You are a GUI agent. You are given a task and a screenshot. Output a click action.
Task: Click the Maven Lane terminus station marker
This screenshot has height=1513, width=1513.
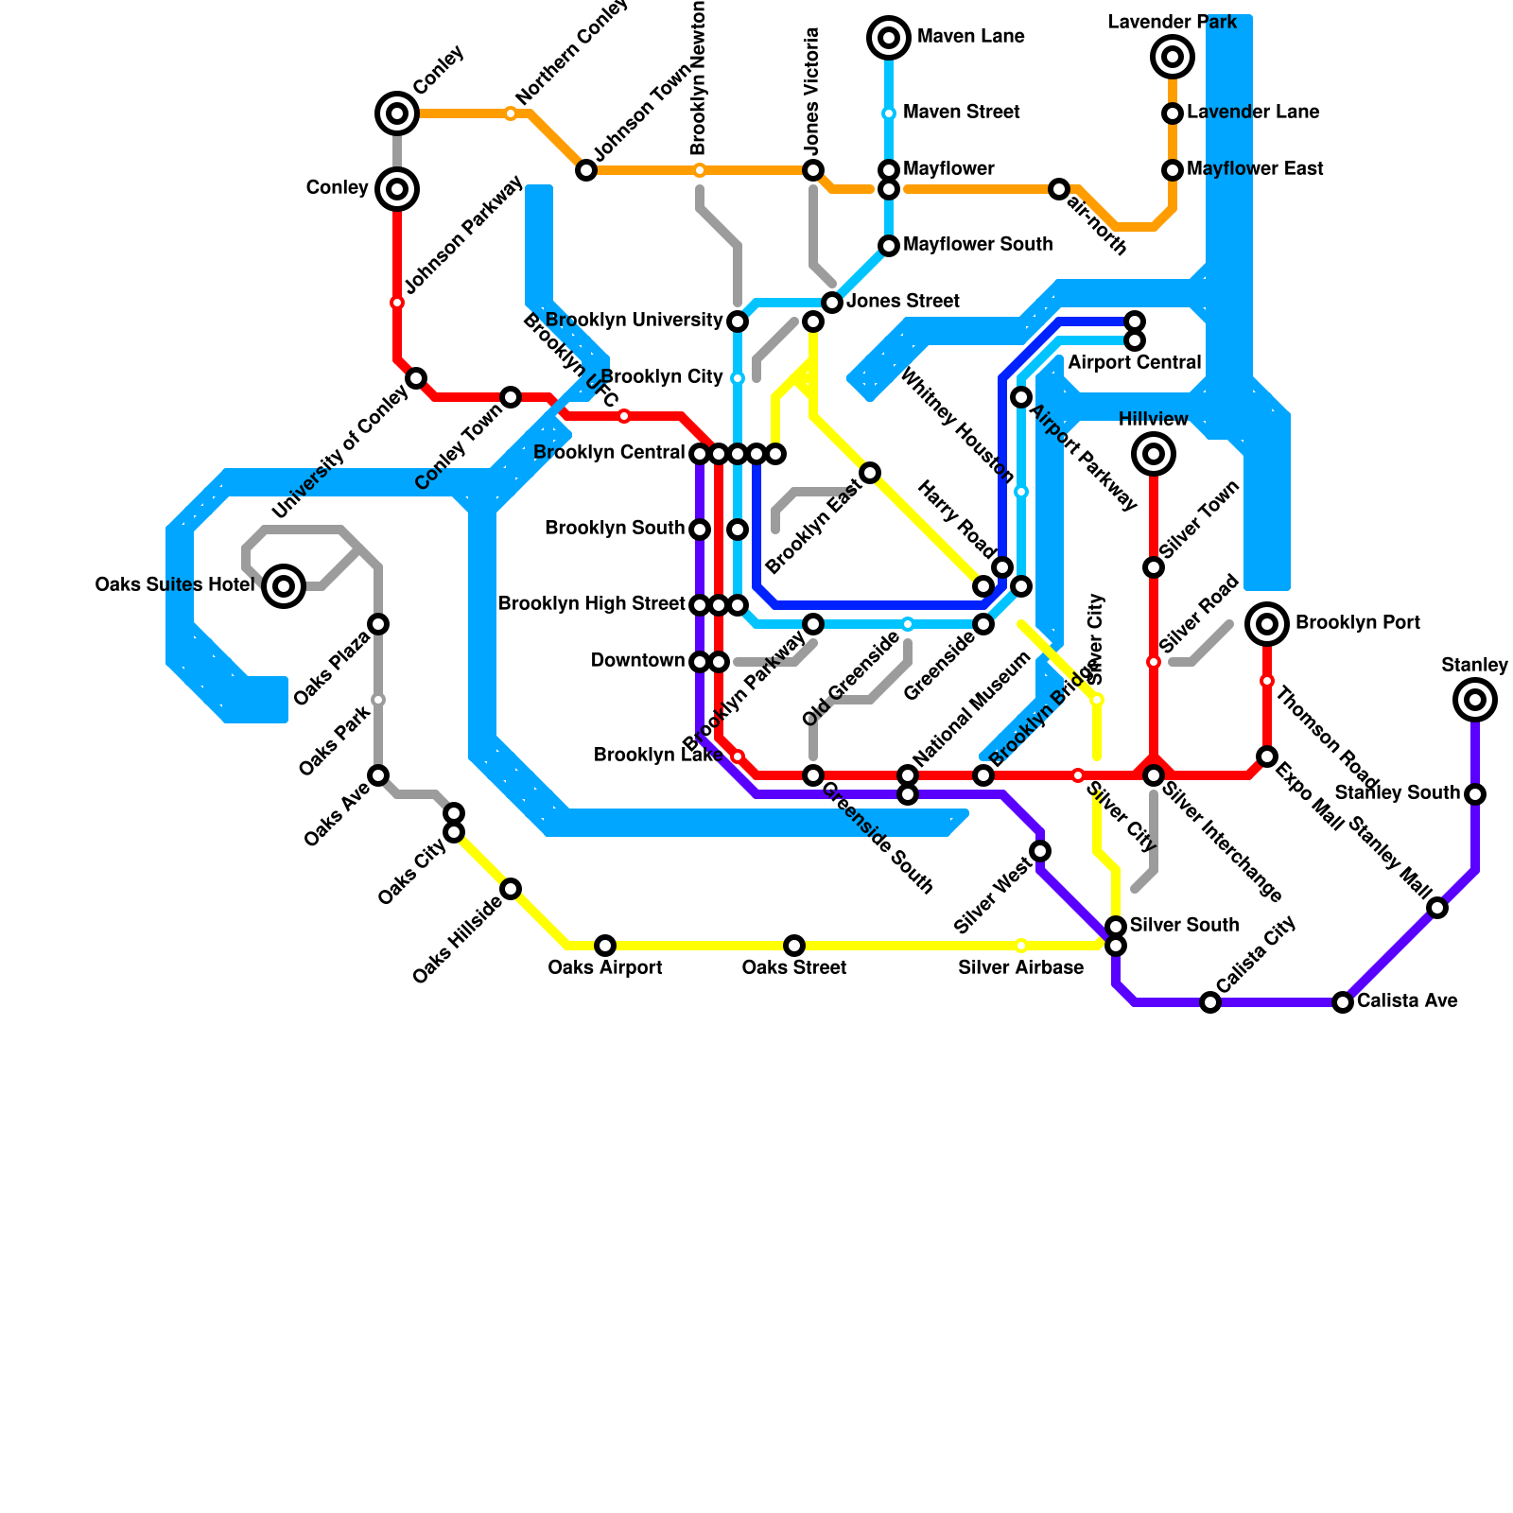pyautogui.click(x=889, y=38)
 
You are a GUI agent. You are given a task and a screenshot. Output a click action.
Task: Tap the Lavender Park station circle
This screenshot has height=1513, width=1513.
pyautogui.click(x=1173, y=57)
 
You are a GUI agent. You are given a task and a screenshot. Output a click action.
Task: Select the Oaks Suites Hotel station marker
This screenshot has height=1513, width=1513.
pyautogui.click(x=284, y=586)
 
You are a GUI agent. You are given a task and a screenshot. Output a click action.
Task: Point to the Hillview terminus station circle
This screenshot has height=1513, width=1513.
pyautogui.click(x=1154, y=454)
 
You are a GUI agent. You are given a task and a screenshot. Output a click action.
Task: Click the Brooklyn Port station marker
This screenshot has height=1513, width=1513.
pyautogui.click(x=1267, y=624)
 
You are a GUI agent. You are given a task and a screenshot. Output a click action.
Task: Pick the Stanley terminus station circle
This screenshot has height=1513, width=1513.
pyautogui.click(x=1475, y=700)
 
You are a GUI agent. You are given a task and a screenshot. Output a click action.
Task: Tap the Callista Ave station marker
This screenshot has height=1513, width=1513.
pyautogui.click(x=1343, y=1002)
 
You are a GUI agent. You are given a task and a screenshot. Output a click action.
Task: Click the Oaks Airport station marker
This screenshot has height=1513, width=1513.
pyautogui.click(x=605, y=946)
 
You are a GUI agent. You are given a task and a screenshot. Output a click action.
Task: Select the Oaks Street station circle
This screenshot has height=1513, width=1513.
pyautogui.click(x=794, y=946)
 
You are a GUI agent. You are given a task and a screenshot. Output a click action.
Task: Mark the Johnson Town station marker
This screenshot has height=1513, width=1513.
pyautogui.click(x=586, y=170)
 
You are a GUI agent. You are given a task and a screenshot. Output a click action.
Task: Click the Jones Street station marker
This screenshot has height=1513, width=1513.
pyautogui.click(x=832, y=303)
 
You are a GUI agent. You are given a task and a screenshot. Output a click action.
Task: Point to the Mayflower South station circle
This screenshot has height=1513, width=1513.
pyautogui.click(x=889, y=246)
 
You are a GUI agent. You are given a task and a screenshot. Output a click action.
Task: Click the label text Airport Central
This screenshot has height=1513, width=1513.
pyautogui.click(x=1134, y=363)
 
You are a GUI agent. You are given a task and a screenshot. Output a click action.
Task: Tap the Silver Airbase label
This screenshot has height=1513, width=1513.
pyautogui.click(x=1020, y=967)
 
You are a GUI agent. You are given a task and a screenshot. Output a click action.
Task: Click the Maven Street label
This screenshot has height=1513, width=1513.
pyautogui.click(x=961, y=113)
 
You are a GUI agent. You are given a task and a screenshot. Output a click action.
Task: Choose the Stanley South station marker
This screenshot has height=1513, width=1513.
pyautogui.click(x=1475, y=794)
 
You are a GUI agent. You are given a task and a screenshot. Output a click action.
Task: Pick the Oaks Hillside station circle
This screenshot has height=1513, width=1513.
pyautogui.click(x=511, y=889)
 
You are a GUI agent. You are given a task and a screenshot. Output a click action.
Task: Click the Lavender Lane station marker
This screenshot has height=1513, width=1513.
pyautogui.click(x=1173, y=113)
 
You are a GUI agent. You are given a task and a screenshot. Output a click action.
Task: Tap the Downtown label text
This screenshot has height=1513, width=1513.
pyautogui.click(x=637, y=661)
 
